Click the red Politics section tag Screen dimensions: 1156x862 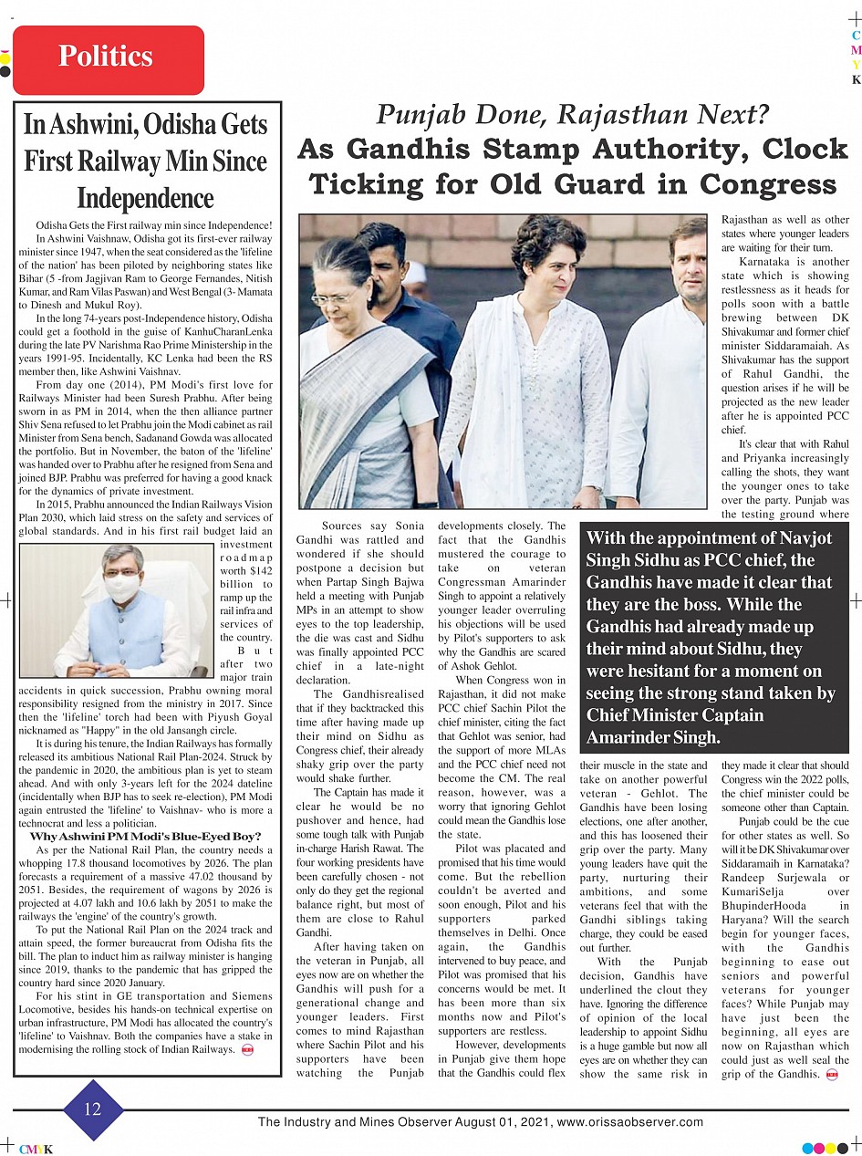108,58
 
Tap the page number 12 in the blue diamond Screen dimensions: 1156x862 93,1109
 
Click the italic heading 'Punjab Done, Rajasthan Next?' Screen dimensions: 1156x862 574,115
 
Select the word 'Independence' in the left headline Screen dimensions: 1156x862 145,198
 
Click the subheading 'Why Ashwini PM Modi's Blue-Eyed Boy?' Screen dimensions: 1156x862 146,836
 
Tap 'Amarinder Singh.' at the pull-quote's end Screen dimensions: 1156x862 654,737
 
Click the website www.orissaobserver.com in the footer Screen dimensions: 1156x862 630,1122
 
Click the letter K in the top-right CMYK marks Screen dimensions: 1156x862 856,79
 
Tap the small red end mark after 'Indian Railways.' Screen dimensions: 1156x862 247,1050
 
